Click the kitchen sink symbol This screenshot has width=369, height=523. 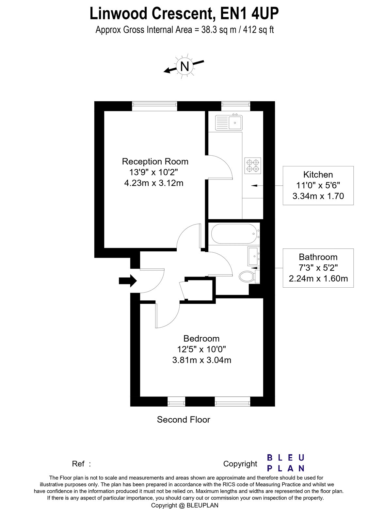click(x=229, y=123)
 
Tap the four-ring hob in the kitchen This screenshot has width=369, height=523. click(x=253, y=165)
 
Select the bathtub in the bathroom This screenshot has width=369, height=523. click(x=234, y=233)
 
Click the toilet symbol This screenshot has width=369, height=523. click(x=247, y=277)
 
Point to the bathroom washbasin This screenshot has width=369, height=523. click(x=254, y=256)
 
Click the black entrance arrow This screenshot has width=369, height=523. click(x=128, y=280)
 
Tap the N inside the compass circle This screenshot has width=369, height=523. click(x=185, y=66)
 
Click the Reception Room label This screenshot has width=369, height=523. click(x=155, y=161)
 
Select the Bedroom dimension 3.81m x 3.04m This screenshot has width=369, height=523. click(x=201, y=360)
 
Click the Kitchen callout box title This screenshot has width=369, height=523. click(x=318, y=175)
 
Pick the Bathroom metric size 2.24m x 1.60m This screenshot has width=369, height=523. click(x=318, y=278)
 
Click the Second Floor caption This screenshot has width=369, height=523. click(x=184, y=420)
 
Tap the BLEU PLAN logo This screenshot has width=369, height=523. click(x=286, y=463)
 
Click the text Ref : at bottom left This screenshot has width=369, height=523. click(x=81, y=464)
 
